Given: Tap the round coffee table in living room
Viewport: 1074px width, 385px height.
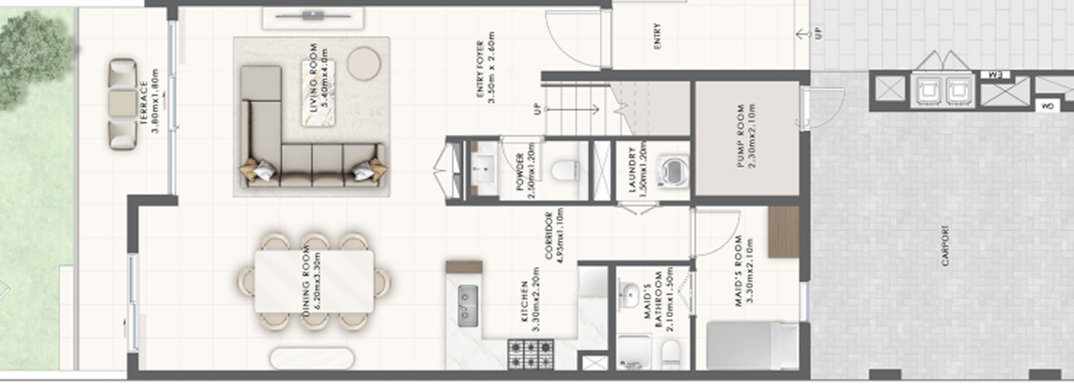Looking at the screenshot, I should (364, 64).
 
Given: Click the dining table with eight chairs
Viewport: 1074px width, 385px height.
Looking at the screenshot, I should (314, 281).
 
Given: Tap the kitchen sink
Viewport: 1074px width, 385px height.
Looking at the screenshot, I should (468, 305).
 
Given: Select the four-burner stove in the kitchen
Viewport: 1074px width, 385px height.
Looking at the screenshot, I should (531, 354).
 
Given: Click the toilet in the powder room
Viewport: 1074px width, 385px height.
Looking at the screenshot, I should (565, 170).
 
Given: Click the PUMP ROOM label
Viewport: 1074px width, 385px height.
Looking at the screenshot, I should (746, 136).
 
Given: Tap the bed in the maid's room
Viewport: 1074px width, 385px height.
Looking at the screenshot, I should (752, 345).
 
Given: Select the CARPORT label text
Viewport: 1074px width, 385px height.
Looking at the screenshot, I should (945, 246).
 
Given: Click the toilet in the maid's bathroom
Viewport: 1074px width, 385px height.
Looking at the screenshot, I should (671, 353).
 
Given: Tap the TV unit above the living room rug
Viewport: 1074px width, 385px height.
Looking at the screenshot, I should (313, 18).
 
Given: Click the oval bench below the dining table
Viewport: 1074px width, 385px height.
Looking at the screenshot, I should (312, 358).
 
